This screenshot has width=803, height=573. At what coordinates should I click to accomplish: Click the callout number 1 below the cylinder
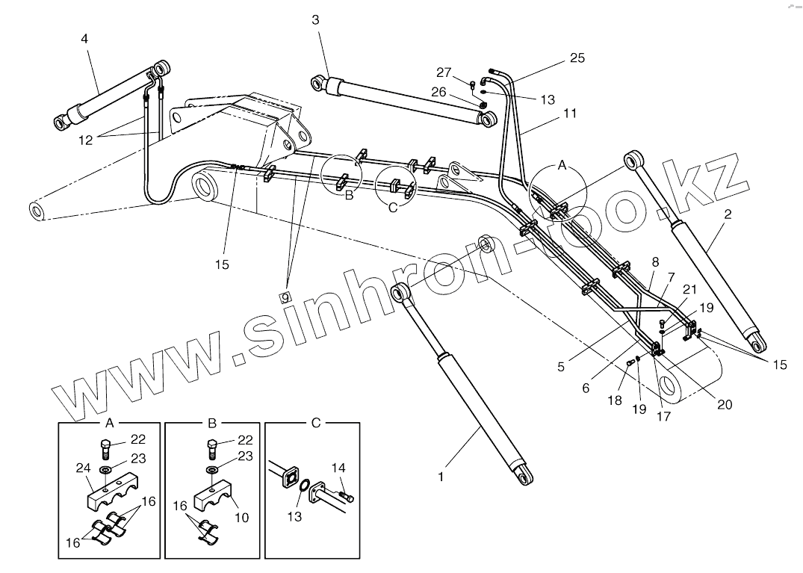(441, 476)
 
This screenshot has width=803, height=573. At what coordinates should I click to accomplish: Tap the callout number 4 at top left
(84, 38)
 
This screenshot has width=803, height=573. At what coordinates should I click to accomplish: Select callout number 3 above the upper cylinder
(315, 20)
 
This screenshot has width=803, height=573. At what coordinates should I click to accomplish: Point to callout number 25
(577, 58)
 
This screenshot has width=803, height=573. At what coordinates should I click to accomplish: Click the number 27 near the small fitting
(444, 72)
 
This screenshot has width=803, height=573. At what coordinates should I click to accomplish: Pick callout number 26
(438, 92)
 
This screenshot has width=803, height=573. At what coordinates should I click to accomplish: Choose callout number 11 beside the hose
(570, 113)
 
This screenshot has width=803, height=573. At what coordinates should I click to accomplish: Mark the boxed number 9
(285, 297)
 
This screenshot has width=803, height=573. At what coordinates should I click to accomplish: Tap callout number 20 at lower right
(723, 404)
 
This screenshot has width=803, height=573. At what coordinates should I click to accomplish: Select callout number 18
(614, 400)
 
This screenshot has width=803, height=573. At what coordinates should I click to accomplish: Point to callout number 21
(689, 289)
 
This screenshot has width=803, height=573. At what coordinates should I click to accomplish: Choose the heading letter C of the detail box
(315, 423)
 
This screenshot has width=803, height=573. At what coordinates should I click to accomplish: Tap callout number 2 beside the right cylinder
(728, 214)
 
